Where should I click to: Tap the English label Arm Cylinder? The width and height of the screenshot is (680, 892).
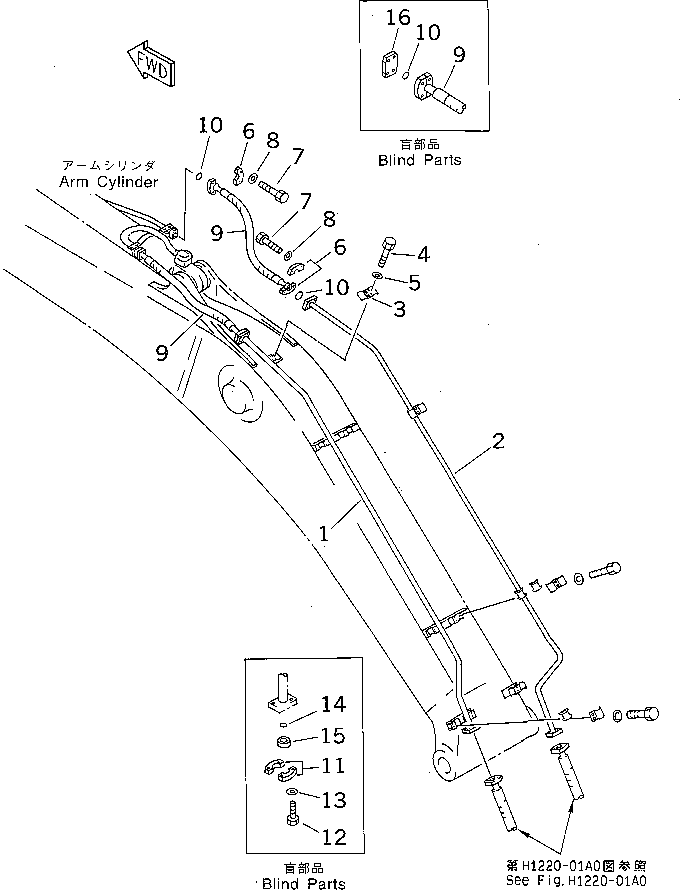pyautogui.click(x=108, y=182)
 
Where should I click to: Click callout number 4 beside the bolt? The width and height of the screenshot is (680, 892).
pyautogui.click(x=423, y=255)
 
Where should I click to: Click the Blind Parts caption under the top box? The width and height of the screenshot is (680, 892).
pyautogui.click(x=420, y=160)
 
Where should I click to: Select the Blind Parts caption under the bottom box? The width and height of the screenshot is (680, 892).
pyautogui.click(x=304, y=884)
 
